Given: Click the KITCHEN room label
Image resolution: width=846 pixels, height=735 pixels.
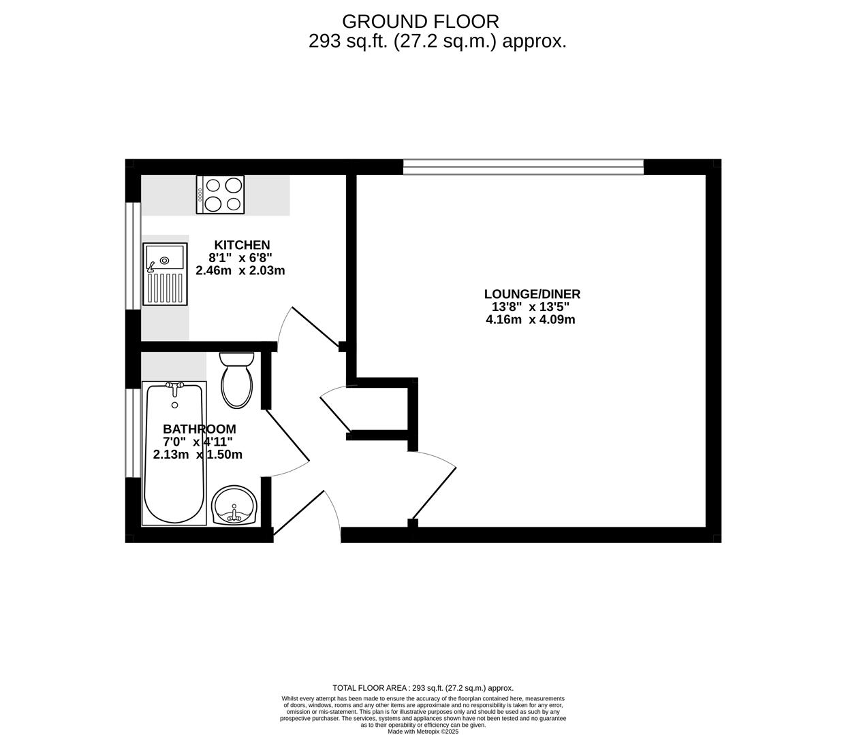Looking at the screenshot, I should pyautogui.click(x=242, y=245).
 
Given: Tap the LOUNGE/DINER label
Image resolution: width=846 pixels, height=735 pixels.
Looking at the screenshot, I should pyautogui.click(x=532, y=294).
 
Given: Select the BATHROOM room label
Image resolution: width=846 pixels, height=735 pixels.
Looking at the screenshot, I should pyautogui.click(x=200, y=429).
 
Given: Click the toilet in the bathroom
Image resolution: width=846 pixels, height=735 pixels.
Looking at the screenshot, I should pyautogui.click(x=237, y=381).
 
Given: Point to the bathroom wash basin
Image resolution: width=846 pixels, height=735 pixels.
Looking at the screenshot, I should pyautogui.click(x=234, y=506).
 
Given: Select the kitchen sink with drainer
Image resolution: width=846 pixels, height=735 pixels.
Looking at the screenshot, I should pyautogui.click(x=165, y=274).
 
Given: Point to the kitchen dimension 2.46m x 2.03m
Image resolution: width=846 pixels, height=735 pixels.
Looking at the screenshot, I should pyautogui.click(x=240, y=271).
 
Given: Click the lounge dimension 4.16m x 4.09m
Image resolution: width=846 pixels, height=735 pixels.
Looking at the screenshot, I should pyautogui.click(x=530, y=320).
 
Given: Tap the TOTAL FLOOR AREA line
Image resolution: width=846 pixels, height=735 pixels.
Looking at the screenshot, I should pyautogui.click(x=422, y=688).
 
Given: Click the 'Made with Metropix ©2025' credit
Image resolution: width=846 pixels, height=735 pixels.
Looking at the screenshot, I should pyautogui.click(x=423, y=732).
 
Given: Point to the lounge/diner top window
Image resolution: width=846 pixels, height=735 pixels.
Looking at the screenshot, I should pyautogui.click(x=523, y=167).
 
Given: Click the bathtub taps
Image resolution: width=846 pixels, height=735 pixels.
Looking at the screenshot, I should pyautogui.click(x=175, y=387).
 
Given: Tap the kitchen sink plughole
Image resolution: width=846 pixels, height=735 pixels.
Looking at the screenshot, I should pyautogui.click(x=164, y=260).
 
